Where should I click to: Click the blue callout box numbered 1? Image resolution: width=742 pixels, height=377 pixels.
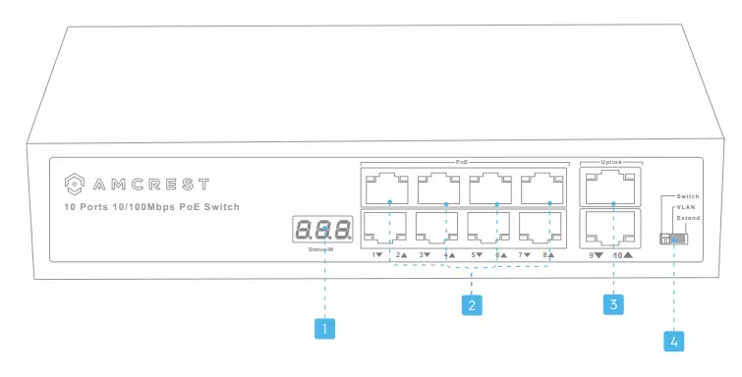324,329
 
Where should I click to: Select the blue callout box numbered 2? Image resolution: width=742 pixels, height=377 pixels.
473,305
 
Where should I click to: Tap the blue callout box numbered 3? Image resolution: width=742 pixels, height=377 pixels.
613,305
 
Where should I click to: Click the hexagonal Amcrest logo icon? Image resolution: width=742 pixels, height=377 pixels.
72,184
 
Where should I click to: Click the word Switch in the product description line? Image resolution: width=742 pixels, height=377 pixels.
217,207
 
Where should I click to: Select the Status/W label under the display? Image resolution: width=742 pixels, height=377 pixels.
323,251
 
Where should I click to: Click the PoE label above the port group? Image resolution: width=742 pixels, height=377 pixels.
462,161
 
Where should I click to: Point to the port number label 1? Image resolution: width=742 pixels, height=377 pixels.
375,254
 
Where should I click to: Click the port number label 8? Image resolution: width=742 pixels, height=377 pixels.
543,254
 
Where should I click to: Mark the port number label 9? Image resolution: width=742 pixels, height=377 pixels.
592,255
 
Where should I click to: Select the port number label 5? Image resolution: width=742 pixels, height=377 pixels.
477,254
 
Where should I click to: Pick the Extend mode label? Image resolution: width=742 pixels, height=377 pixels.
688,217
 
